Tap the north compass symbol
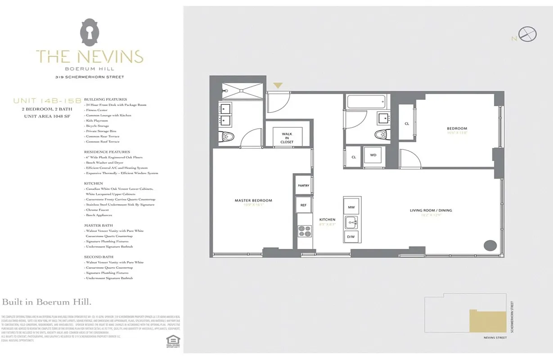[527, 35]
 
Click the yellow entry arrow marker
[278, 85]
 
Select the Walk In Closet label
[287, 138]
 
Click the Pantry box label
[303, 185]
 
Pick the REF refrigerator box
[303, 205]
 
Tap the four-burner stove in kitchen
[305, 230]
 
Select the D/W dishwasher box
[351, 237]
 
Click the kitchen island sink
[351, 222]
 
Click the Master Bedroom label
[253, 201]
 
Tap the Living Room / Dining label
[431, 210]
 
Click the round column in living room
[490, 246]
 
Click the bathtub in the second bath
[366, 101]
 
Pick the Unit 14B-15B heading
[47, 101]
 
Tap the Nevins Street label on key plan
[495, 337]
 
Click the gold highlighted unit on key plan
[488, 321]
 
